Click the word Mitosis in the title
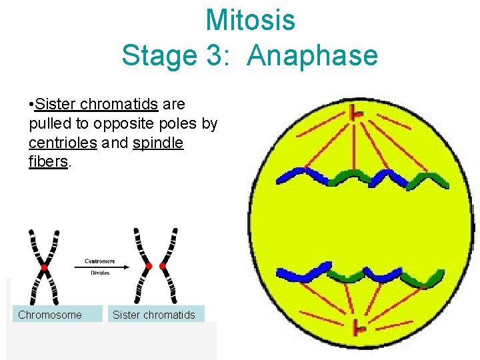(250, 20)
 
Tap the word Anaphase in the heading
(312, 56)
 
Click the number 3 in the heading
(208, 56)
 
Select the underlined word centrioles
(63, 143)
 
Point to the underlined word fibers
(48, 162)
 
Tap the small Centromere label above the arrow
(100, 261)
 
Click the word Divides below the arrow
(100, 273)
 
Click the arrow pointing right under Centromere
(100, 267)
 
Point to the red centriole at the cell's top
(358, 114)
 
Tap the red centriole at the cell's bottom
(359, 327)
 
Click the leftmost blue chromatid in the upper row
(297, 175)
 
